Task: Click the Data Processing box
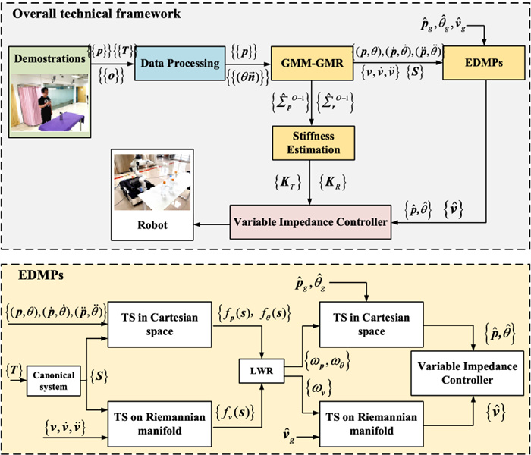tap(177, 61)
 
